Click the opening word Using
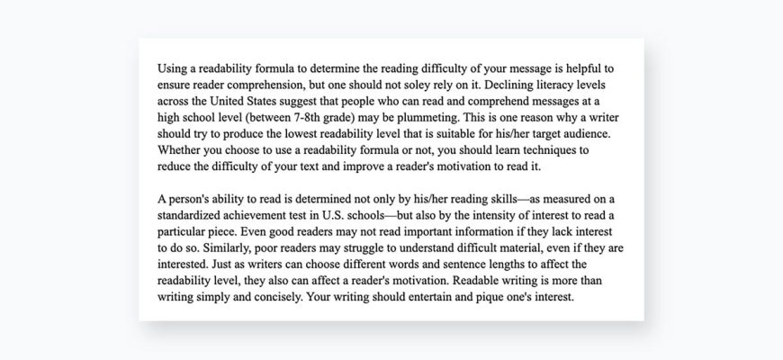(173, 68)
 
